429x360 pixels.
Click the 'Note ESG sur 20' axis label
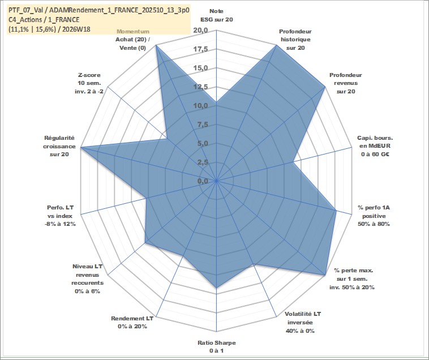pyautogui.click(x=216, y=15)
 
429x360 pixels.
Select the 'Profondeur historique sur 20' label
pyautogui.click(x=295, y=40)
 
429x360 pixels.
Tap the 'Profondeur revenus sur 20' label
pyautogui.click(x=346, y=83)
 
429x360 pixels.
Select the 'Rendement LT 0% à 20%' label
pyautogui.click(x=132, y=322)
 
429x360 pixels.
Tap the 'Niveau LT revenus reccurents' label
pyautogui.click(x=88, y=278)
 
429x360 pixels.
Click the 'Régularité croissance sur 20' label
pyautogui.click(x=59, y=146)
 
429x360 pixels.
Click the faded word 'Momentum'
pyautogui.click(x=133, y=32)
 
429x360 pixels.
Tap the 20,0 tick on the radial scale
pyautogui.click(x=200, y=30)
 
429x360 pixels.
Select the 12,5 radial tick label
pyautogui.click(x=200, y=87)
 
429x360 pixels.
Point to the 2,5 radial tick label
pyautogui.click(x=203, y=162)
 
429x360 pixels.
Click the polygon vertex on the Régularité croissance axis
pyautogui.click(x=81, y=148)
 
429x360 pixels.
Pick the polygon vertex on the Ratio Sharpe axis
pyautogui.click(x=216, y=288)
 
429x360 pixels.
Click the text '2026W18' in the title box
pyautogui.click(x=76, y=29)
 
